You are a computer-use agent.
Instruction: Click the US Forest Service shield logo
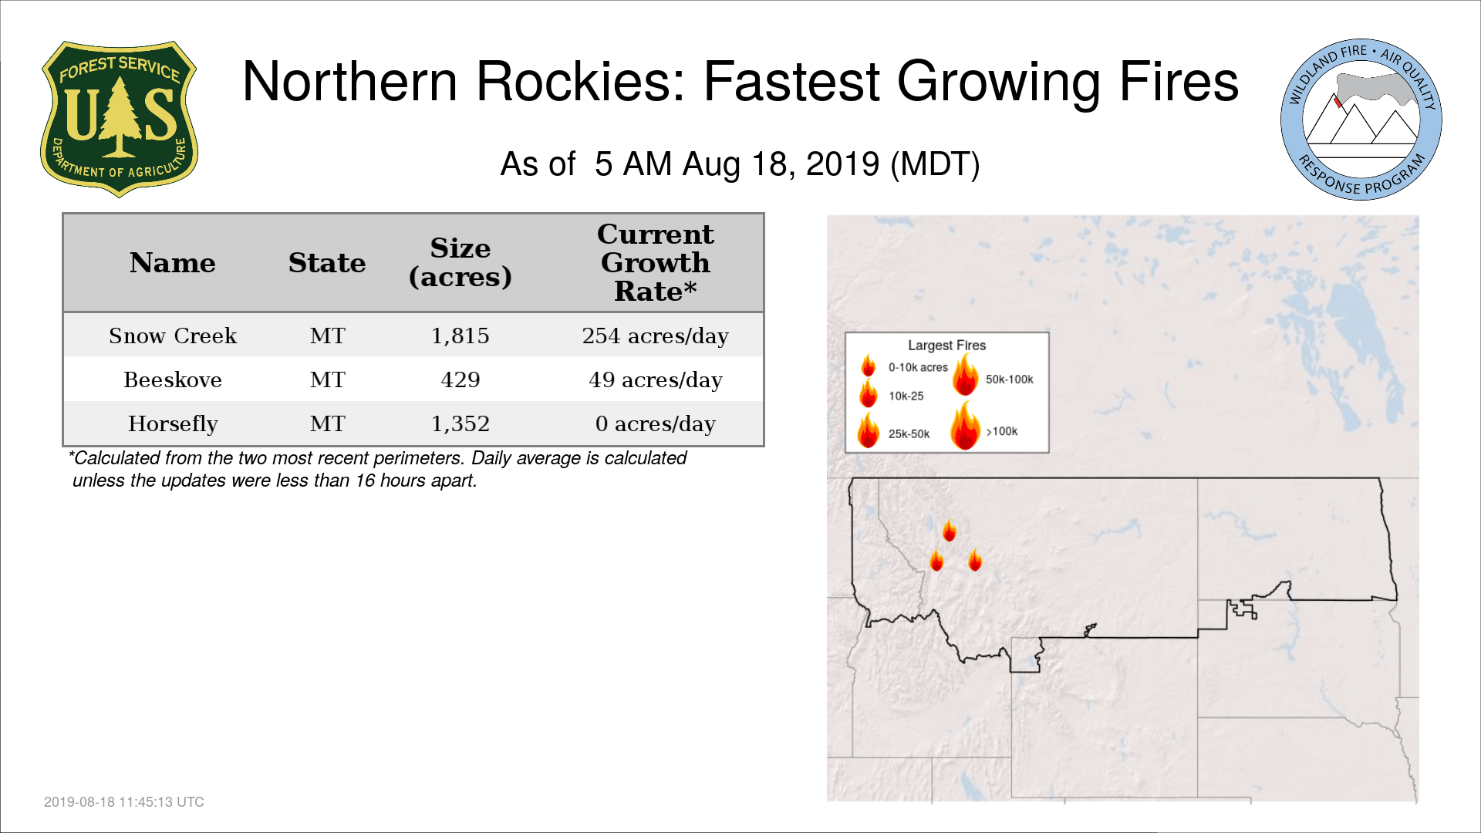tap(119, 120)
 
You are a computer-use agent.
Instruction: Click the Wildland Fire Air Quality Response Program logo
tap(1361, 120)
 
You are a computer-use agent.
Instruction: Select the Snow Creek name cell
tap(173, 336)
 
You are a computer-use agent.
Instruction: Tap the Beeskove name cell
tap(173, 379)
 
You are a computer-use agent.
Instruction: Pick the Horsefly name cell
tap(173, 424)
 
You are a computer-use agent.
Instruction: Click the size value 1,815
tap(460, 336)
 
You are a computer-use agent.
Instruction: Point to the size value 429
tap(460, 379)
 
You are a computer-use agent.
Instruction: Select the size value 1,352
tap(460, 423)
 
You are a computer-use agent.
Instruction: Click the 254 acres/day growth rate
tap(656, 336)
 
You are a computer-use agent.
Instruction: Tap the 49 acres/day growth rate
tap(656, 379)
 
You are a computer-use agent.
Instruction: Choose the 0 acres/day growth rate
tap(656, 423)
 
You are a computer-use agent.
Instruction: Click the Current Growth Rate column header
tap(656, 262)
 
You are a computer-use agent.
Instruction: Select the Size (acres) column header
tap(460, 262)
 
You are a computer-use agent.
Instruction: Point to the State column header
tap(327, 263)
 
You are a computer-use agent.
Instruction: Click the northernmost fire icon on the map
tap(950, 530)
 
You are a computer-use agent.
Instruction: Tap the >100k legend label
tap(1002, 431)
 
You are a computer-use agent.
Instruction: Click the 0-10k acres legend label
tap(918, 367)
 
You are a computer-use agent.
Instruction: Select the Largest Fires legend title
tap(946, 345)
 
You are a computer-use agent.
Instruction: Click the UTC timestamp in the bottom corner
tap(124, 802)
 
